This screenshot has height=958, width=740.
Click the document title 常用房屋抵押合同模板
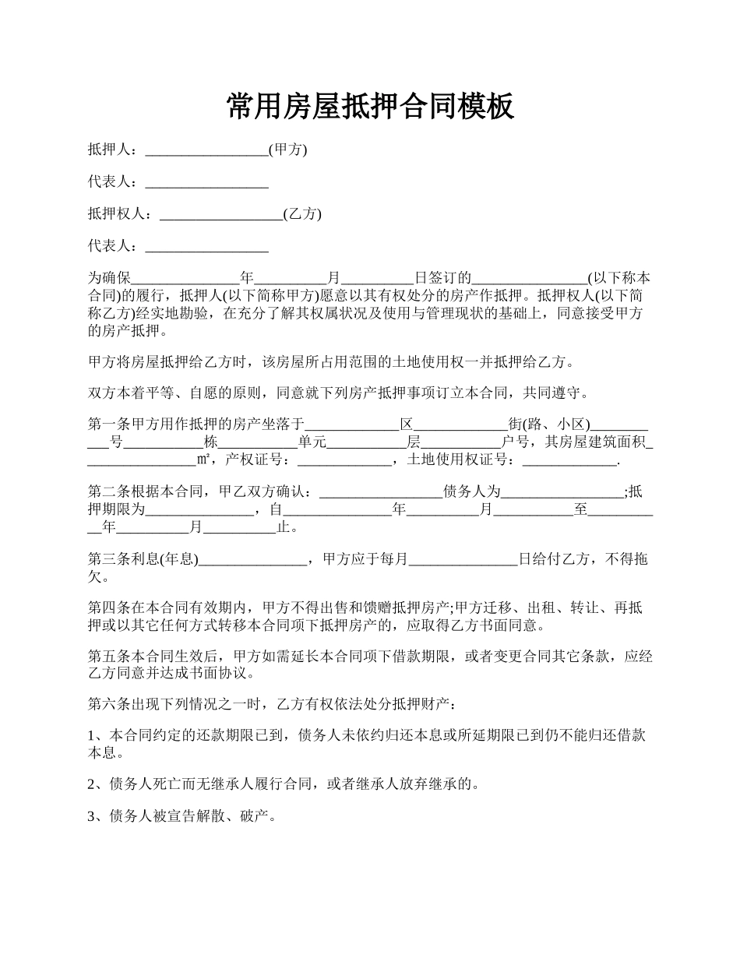pos(370,106)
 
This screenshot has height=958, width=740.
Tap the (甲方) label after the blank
pos(287,150)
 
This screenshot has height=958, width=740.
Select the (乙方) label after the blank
pos(302,213)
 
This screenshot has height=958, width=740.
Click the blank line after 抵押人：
pos(206,150)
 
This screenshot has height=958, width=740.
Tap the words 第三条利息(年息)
pos(143,558)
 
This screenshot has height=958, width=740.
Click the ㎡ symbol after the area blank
pos(204,460)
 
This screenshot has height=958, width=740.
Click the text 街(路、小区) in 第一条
pos(548,424)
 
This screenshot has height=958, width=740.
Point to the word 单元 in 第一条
pos(312,442)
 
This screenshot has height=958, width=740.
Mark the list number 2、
pos(97,784)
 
